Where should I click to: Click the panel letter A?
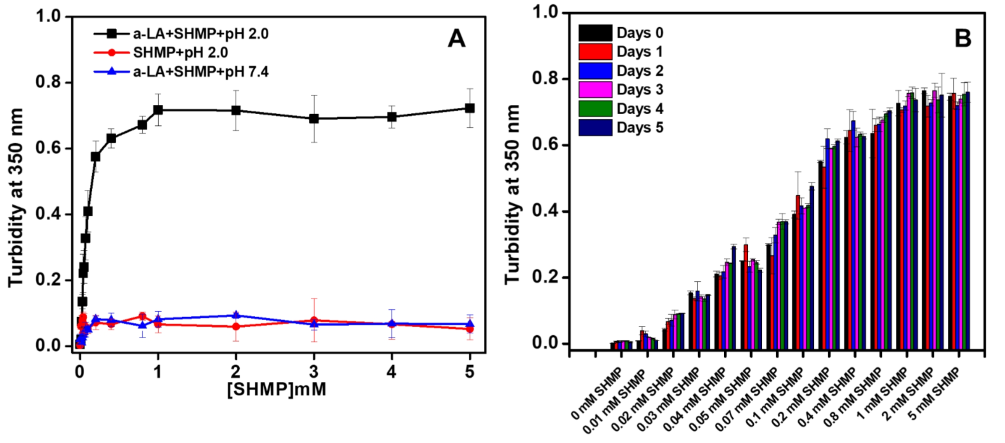coord(456,39)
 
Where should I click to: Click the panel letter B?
coord(962,39)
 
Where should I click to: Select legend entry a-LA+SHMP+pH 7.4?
coord(200,72)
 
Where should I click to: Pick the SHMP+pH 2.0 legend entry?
coord(180,52)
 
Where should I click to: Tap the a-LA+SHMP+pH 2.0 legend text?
coord(200,33)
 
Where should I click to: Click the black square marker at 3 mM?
coord(314,118)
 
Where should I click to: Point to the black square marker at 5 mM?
coord(469,108)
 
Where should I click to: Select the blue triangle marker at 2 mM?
coord(236,315)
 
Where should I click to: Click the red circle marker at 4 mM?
coord(392,324)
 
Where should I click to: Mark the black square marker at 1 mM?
coord(158,109)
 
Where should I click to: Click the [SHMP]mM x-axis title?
coord(276,389)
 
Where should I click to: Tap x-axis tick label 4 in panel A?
coord(391,371)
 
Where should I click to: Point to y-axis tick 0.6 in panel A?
coord(48,148)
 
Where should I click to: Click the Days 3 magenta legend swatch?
coord(595,89)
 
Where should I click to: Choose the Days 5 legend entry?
coord(639,127)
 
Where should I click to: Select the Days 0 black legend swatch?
coord(595,33)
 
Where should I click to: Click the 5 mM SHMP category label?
coord(935,394)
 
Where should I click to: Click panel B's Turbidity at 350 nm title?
coord(513,195)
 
